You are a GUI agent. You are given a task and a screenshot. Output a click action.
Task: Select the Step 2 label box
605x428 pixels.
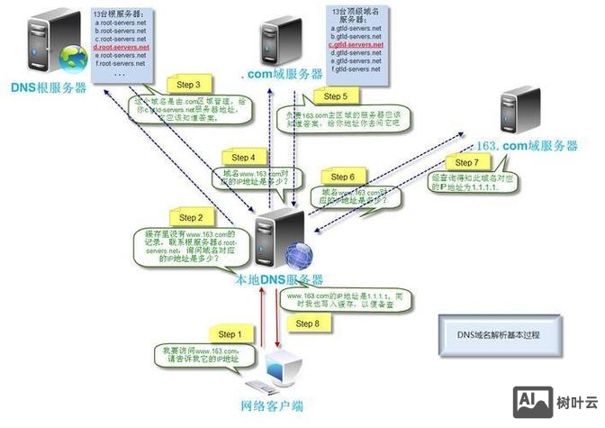[x=190, y=217]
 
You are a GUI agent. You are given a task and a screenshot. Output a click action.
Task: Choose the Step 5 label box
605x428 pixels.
[x=335, y=96]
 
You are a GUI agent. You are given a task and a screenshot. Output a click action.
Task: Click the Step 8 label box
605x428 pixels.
[x=307, y=323]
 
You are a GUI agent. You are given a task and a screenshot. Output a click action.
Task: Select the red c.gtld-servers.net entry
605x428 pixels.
[x=356, y=44]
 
